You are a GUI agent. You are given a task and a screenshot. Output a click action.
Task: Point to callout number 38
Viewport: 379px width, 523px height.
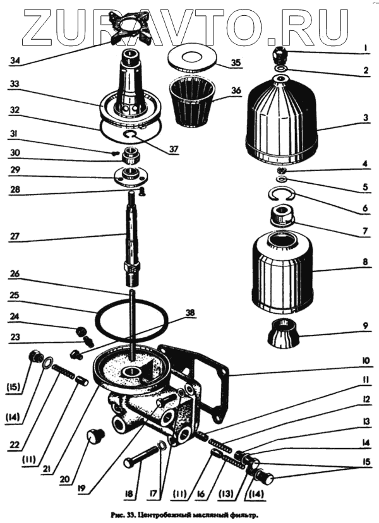190,311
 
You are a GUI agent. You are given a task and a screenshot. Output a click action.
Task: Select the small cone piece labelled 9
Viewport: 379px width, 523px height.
282,333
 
